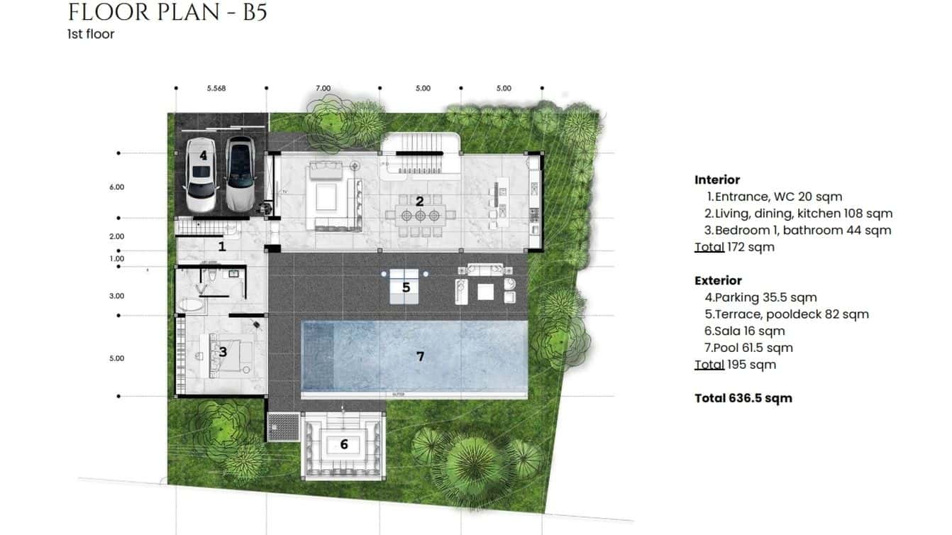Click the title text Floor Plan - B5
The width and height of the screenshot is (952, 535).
167,12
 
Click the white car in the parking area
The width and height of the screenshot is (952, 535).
200,175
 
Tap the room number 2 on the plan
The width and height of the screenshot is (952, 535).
419,202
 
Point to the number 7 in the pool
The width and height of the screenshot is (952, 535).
420,356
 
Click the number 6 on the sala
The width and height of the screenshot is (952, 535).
344,445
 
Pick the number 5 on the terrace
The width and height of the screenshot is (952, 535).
406,287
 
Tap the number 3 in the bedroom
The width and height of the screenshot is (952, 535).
222,351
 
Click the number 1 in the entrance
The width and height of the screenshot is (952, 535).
221,246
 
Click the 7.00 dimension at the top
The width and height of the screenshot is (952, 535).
323,89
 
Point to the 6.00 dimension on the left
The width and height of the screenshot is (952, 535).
117,187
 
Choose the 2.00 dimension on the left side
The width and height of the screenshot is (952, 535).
117,236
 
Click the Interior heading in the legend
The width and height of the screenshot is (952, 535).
717,180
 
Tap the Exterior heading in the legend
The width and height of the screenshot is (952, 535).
718,280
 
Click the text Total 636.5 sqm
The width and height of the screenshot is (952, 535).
743,398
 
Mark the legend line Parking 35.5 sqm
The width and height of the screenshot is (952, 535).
765,297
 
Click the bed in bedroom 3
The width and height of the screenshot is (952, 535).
230,353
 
